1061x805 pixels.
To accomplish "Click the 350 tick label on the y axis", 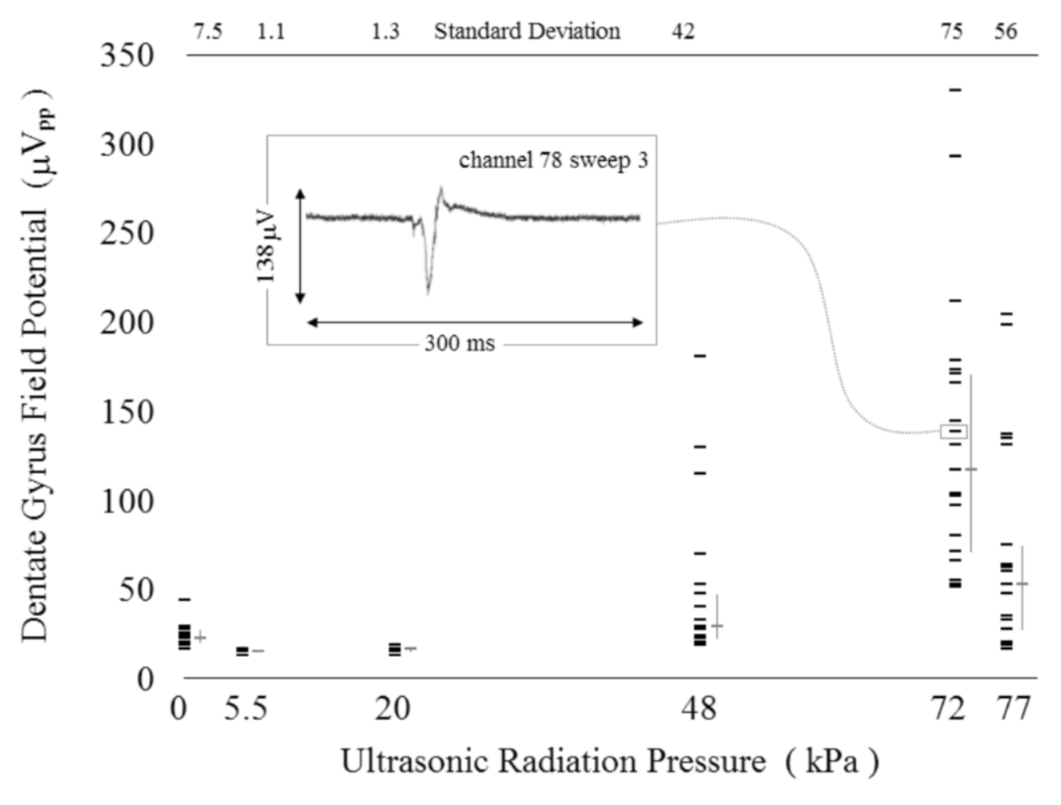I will click(127, 56).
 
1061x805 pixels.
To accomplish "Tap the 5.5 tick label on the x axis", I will click(246, 709).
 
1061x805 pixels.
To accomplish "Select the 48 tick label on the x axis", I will click(699, 709).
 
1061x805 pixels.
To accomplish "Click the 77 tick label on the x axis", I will click(1013, 709).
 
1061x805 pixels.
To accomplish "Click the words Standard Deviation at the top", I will click(527, 32).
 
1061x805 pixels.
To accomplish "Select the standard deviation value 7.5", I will click(207, 32).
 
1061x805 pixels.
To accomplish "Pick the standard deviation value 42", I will click(683, 32).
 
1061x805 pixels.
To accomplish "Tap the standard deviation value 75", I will click(952, 32).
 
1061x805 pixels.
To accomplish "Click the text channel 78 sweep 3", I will click(553, 161).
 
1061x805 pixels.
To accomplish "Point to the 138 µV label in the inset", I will click(266, 247).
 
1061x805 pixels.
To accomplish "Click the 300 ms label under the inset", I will click(459, 343).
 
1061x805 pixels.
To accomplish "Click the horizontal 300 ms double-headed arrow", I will click(474, 323).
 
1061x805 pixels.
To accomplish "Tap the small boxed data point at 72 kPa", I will click(953, 432).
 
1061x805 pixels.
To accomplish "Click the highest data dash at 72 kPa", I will click(955, 90).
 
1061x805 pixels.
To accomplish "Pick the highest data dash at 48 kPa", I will click(700, 356).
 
